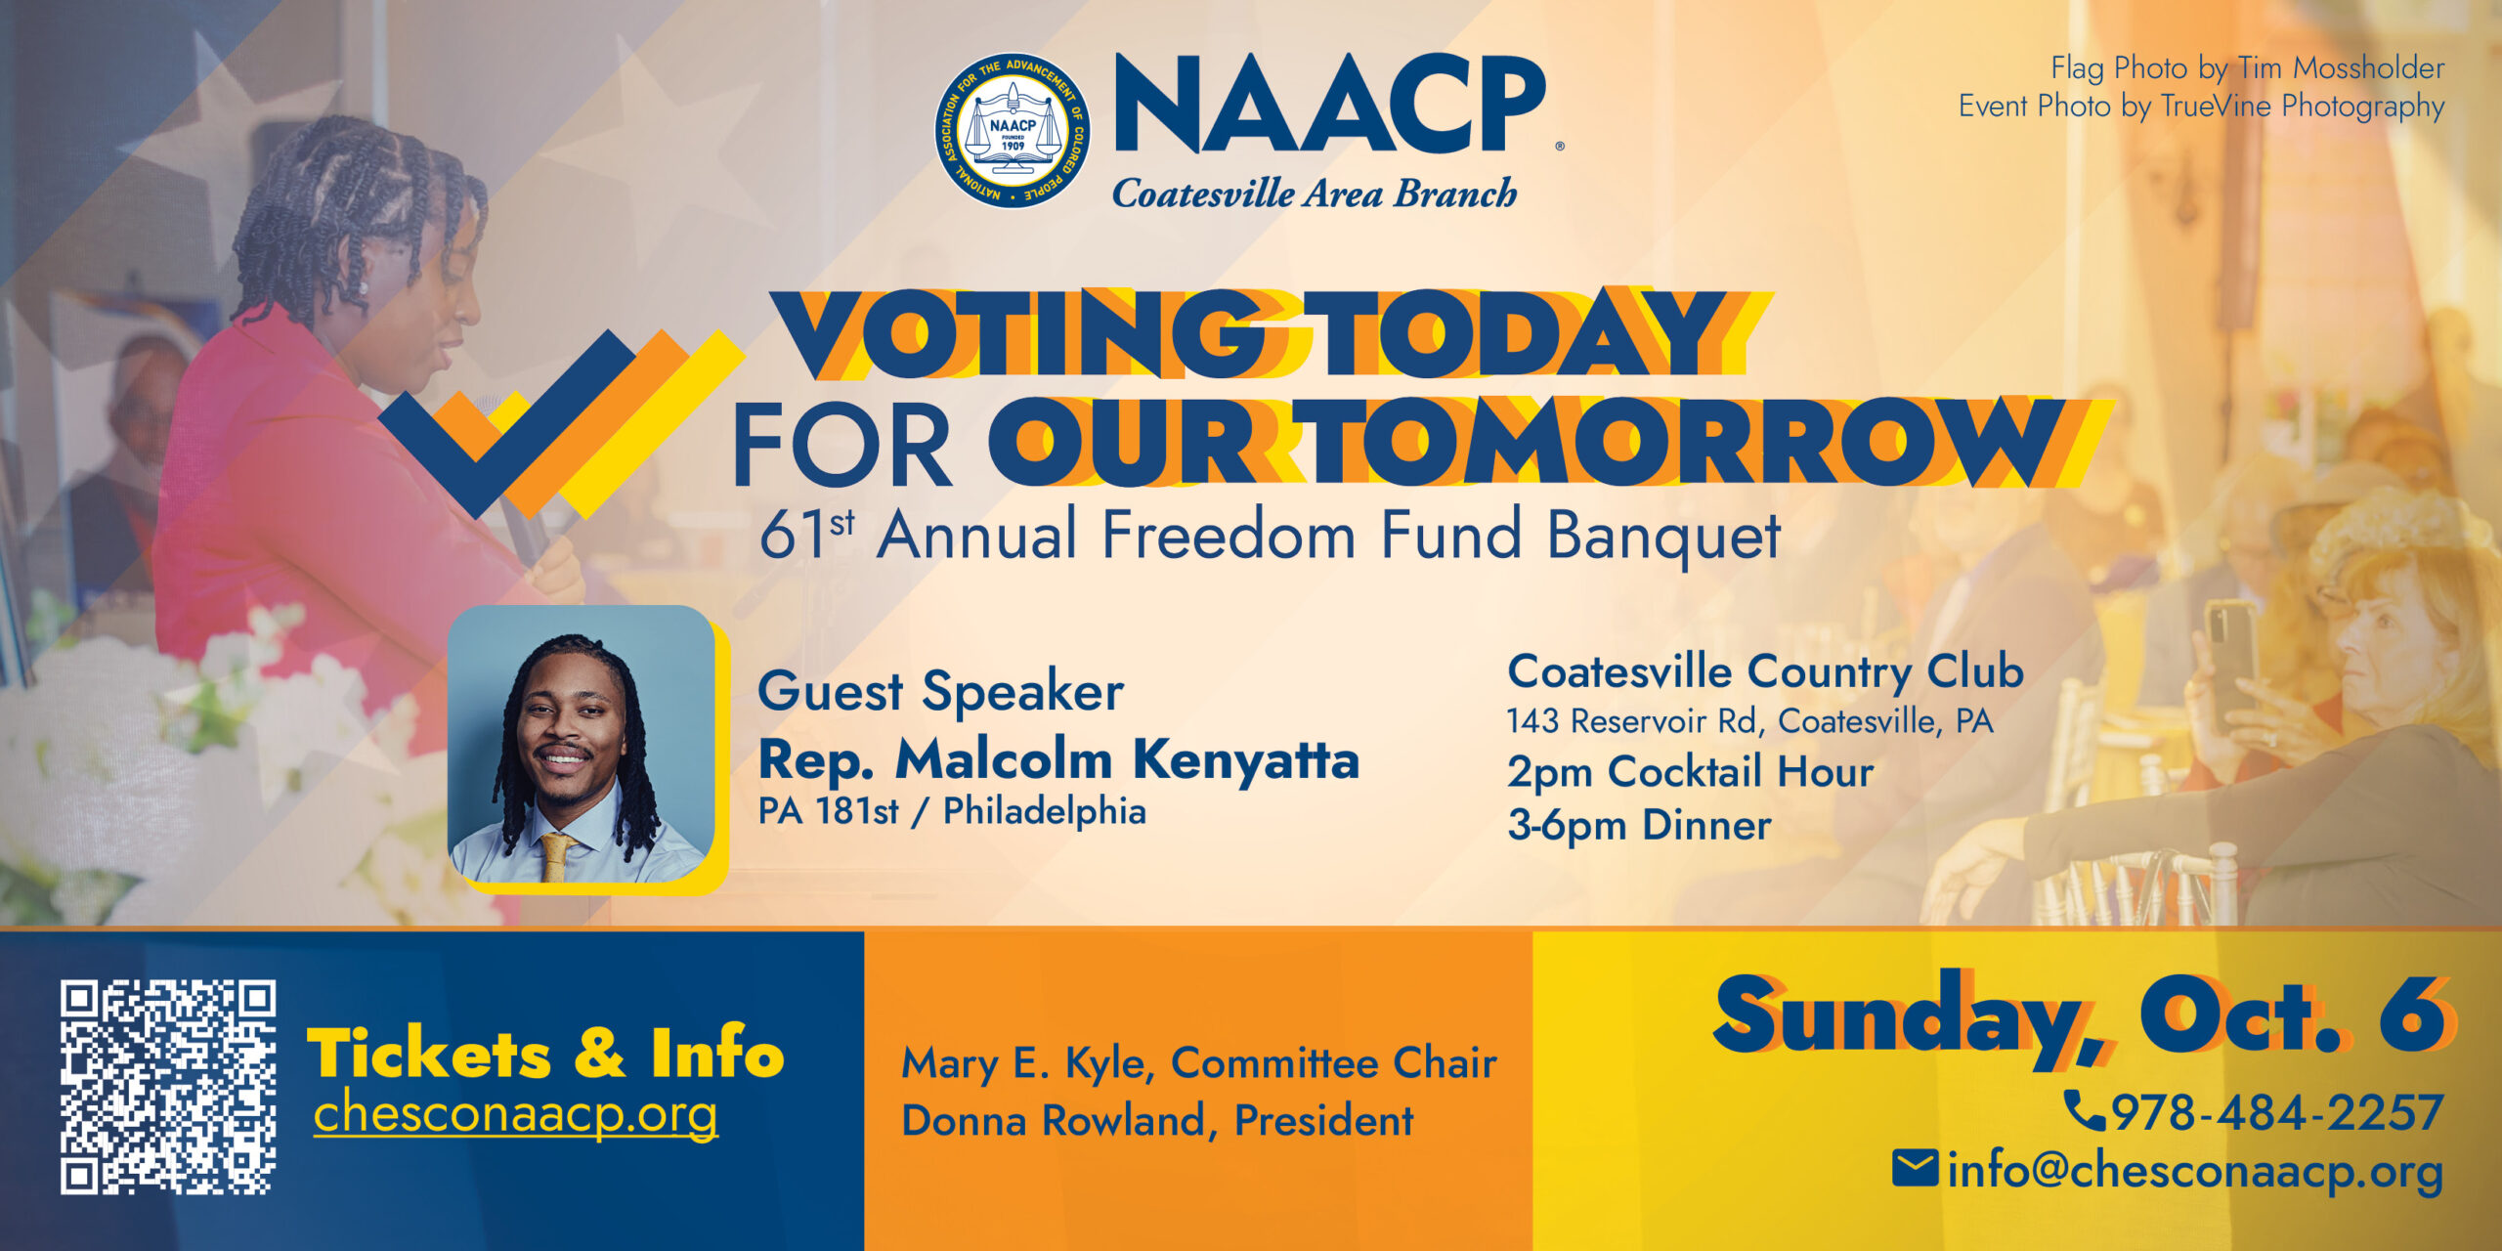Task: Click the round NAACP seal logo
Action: (1013, 131)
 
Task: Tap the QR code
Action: (168, 1087)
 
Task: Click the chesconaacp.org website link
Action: (516, 1114)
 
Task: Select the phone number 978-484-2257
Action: (2277, 1112)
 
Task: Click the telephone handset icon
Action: (2084, 1110)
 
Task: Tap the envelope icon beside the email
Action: (1915, 1168)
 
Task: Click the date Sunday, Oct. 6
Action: (2082, 1018)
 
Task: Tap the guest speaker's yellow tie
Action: (556, 856)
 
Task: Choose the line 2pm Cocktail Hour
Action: (1691, 772)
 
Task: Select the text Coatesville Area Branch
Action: (1316, 194)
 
